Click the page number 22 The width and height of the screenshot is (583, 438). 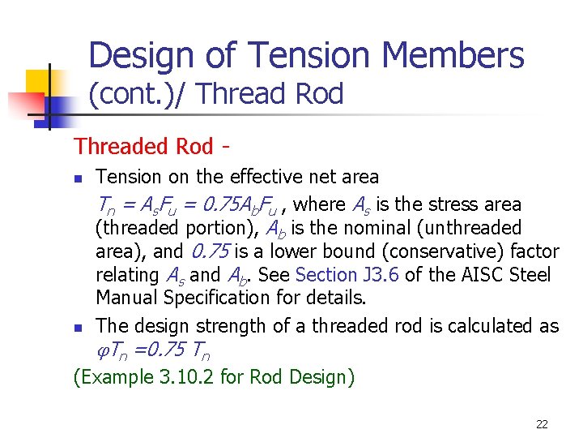542,424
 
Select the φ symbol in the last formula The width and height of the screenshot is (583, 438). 101,351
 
